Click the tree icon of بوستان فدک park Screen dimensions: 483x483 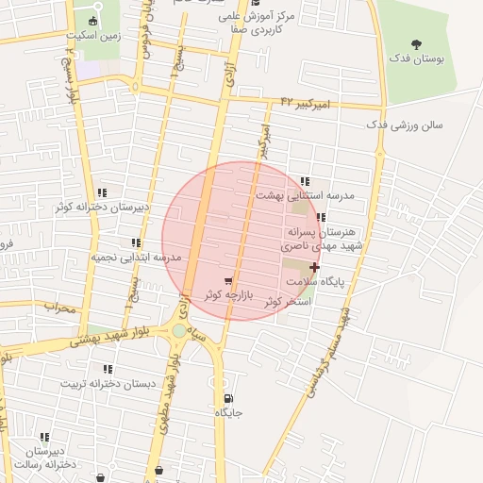pos(417,43)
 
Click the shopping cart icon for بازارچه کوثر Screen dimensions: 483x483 pos(228,281)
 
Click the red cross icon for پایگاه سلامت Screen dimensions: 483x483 pos(314,267)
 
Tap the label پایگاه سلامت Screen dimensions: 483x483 pos(347,281)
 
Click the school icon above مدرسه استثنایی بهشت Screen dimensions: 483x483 pos(304,181)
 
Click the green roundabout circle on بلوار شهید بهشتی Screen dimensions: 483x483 pos(179,331)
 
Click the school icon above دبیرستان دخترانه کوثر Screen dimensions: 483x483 pos(101,192)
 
